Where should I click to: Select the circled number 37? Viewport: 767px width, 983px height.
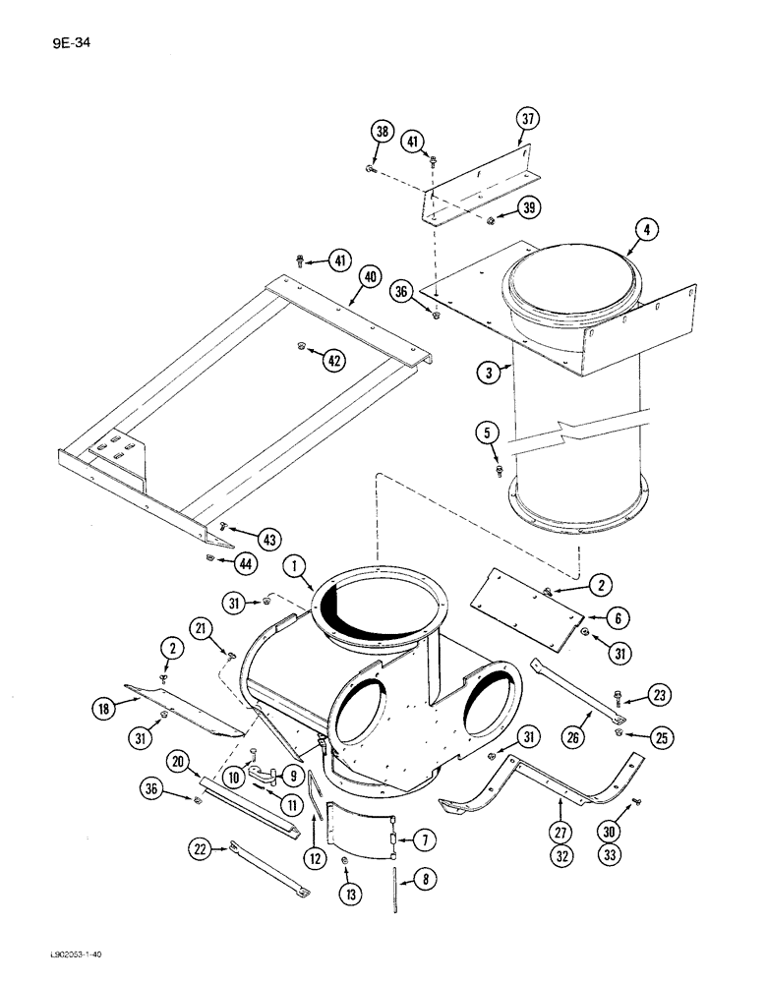(529, 120)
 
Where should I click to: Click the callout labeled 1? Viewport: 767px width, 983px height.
(293, 565)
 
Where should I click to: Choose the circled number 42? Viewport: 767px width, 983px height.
(336, 361)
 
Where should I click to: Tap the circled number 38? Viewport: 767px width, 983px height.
(381, 132)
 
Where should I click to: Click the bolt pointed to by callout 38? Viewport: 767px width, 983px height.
(368, 170)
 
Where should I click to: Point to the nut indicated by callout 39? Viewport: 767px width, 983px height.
(489, 218)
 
